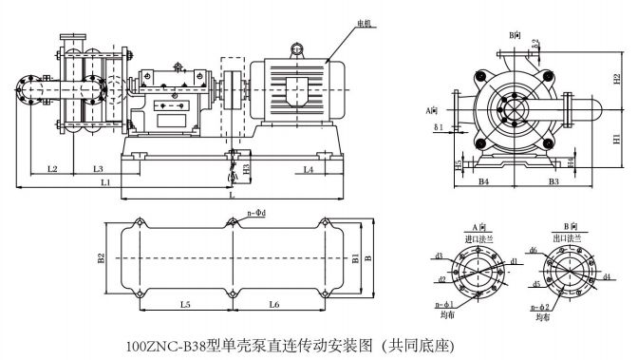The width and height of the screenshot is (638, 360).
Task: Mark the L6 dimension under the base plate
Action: [273, 304]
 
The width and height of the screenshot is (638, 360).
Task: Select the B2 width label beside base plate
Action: [99, 256]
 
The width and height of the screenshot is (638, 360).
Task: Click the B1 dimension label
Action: [356, 256]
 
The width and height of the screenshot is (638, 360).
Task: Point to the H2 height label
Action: [617, 78]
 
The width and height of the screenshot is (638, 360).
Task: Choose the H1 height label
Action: [617, 140]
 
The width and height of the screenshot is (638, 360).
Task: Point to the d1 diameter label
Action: [514, 259]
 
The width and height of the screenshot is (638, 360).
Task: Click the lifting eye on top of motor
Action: [296, 47]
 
